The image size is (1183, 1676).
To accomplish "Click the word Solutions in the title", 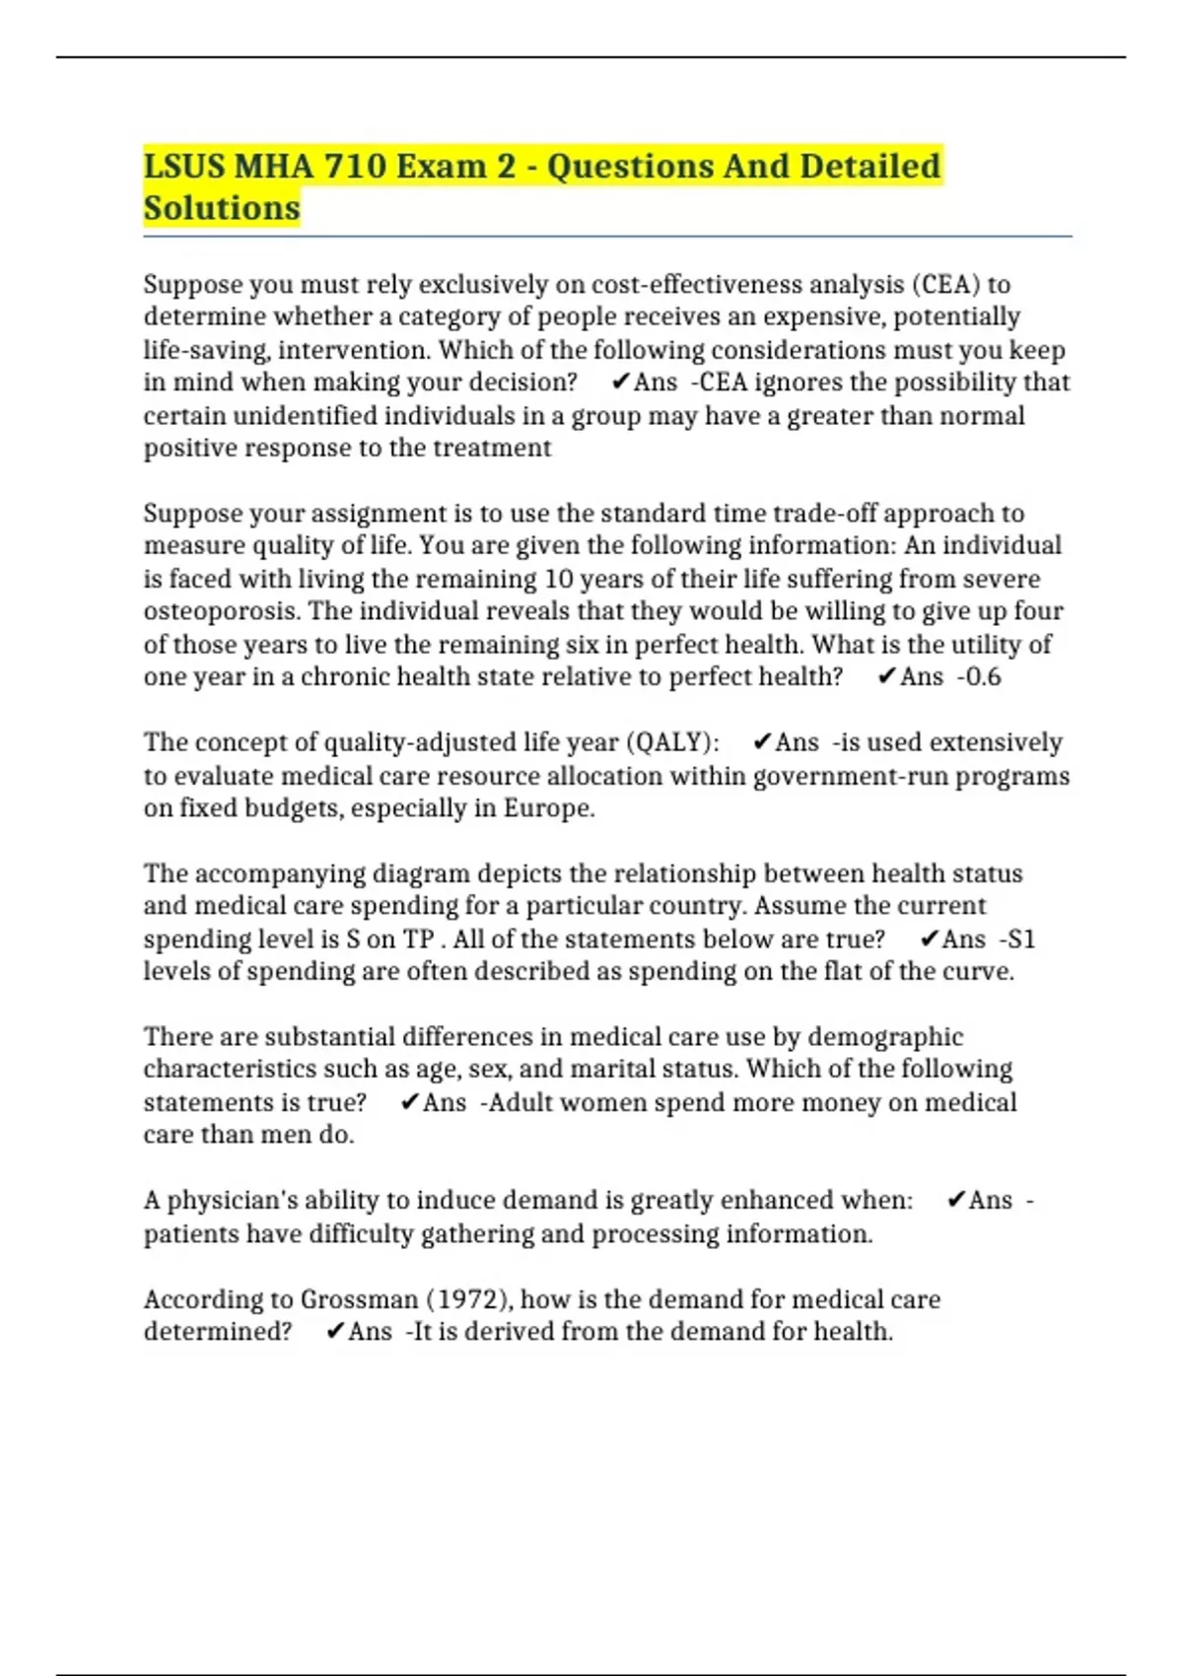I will (x=222, y=208).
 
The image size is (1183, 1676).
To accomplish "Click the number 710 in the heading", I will (x=354, y=166).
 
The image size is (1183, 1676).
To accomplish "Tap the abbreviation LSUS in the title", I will (x=183, y=166).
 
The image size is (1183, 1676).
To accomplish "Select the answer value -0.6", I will (x=979, y=676).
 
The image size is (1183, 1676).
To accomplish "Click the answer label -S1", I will (x=1017, y=939).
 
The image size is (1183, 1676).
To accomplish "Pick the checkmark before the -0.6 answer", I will (x=886, y=676).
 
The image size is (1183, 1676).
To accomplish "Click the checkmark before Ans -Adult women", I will (x=410, y=1102).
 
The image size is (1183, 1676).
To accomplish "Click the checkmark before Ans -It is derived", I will (x=335, y=1332).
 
